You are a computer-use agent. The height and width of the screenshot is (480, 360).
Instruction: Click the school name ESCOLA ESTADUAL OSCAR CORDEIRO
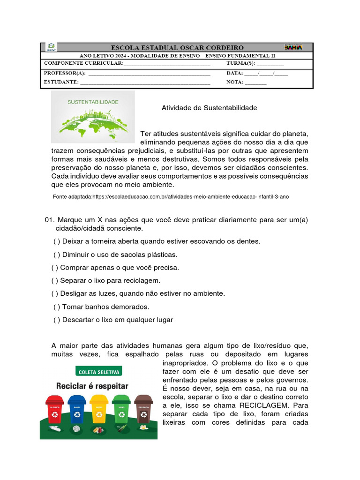tap(177, 47)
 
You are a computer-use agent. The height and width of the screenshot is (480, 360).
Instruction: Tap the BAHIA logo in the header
tap(293, 47)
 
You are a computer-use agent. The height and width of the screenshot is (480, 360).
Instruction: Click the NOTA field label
tap(235, 82)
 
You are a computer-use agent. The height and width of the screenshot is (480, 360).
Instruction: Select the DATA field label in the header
tap(235, 73)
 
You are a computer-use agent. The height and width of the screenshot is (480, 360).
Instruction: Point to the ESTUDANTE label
tap(61, 82)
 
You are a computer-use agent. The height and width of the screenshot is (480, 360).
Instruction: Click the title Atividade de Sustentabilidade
tap(209, 108)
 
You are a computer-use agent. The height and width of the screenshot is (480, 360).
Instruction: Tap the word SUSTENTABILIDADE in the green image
tap(93, 102)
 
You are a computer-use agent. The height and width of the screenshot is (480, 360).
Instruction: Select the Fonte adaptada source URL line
tap(171, 197)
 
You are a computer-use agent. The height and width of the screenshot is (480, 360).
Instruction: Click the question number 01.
tap(49, 220)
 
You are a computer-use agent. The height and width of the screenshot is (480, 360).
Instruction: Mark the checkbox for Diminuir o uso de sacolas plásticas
tap(57, 255)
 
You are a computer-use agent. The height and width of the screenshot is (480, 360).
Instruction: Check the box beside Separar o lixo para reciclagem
tap(55, 280)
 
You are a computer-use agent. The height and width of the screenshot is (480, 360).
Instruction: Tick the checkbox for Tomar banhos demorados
tap(57, 307)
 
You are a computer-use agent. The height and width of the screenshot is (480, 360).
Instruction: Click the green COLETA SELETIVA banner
tap(98, 372)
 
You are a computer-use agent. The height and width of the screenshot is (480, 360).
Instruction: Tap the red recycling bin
tap(55, 410)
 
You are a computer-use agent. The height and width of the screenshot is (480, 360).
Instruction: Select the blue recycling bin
tap(76, 410)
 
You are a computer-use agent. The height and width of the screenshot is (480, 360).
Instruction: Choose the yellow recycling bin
tap(99, 410)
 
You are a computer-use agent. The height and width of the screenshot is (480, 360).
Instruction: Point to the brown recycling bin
tap(143, 410)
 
